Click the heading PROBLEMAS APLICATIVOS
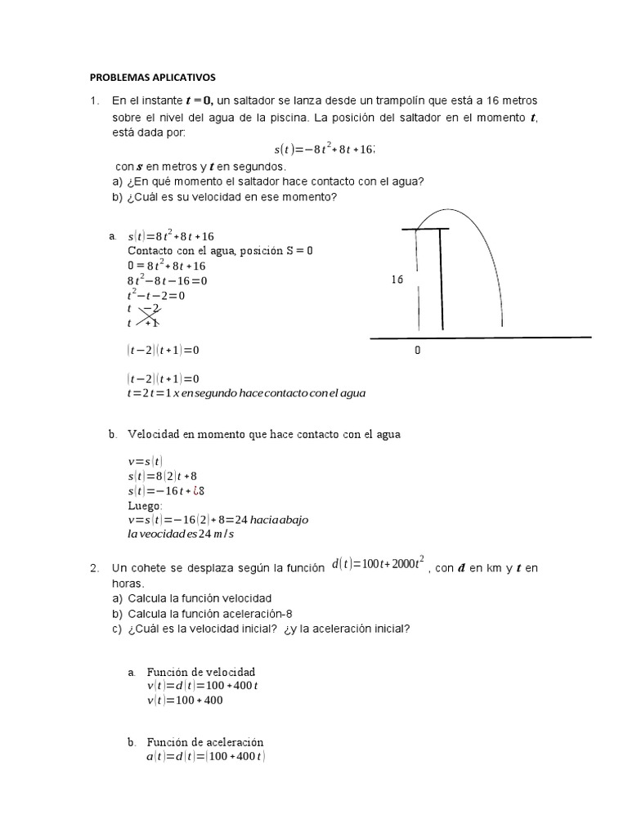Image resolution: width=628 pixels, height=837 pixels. [151, 78]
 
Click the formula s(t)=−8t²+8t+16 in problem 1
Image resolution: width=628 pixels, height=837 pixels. [325, 150]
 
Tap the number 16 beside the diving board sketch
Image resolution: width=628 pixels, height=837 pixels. [397, 280]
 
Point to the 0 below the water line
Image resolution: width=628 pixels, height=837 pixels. [418, 350]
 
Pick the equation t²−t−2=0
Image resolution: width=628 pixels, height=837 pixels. [156, 295]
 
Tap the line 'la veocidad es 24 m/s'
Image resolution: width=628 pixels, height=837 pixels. [180, 535]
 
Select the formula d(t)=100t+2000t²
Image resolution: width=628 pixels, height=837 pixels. [377, 566]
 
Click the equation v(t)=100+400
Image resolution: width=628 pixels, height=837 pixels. [185, 700]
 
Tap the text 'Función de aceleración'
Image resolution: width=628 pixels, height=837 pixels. [205, 742]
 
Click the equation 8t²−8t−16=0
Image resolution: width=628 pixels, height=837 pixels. [168, 280]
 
